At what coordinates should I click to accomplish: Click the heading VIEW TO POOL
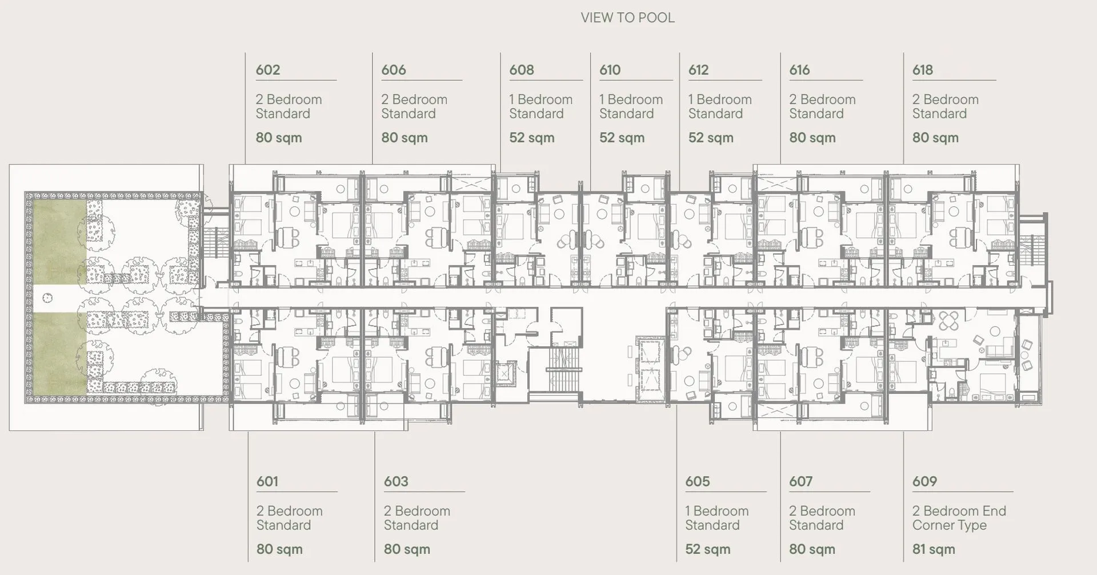(627, 18)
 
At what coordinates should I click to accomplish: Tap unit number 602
(268, 70)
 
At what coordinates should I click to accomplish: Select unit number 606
(394, 70)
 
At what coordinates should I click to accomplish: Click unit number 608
(522, 70)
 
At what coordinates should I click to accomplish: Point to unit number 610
(610, 70)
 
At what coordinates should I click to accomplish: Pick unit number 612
(698, 70)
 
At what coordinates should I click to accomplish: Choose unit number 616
(799, 70)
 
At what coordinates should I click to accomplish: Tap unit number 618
(923, 70)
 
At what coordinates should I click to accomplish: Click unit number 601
(267, 481)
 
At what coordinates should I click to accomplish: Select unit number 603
(396, 481)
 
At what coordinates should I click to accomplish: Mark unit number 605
(698, 481)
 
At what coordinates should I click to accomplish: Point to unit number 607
(800, 481)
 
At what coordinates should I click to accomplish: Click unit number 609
(924, 481)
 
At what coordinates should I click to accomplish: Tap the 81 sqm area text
(934, 549)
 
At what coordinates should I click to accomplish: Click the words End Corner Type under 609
(959, 518)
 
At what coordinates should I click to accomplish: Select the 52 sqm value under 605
(708, 549)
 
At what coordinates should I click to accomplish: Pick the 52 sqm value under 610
(622, 138)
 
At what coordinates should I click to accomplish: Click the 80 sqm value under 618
(935, 138)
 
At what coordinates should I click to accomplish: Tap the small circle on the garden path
(47, 298)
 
